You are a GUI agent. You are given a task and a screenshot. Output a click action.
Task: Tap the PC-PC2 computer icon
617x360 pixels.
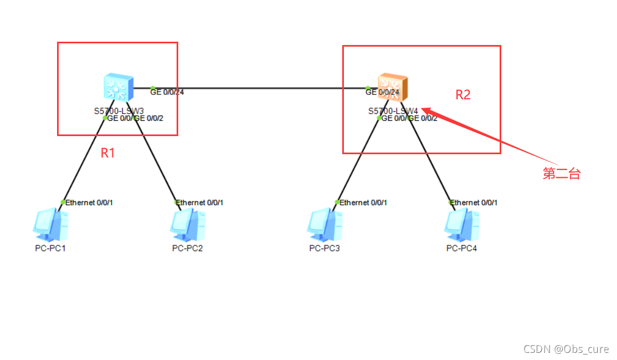(188, 225)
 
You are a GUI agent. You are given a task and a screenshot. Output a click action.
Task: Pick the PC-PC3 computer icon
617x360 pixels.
(325, 225)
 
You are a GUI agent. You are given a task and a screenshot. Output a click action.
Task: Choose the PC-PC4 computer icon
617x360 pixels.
(462, 225)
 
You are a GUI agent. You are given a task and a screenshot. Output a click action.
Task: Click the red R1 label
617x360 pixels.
(107, 153)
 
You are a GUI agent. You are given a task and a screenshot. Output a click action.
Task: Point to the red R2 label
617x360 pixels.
(463, 95)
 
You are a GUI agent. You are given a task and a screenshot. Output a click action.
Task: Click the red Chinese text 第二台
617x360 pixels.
(561, 174)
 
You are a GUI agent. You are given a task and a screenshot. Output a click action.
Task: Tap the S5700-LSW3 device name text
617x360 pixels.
(118, 111)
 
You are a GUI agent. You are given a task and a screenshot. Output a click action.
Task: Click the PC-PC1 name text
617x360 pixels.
(50, 248)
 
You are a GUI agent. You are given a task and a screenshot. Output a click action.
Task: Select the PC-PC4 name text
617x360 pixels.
(462, 248)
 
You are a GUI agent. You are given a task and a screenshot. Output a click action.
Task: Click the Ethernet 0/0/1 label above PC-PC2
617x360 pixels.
(200, 203)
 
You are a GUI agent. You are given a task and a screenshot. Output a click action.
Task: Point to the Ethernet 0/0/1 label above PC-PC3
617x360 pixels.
(364, 203)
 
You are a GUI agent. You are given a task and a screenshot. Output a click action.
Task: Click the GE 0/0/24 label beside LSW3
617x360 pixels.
(167, 92)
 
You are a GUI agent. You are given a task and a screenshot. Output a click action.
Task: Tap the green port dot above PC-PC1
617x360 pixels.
(63, 202)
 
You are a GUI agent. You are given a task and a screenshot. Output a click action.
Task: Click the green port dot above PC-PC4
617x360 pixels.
(451, 202)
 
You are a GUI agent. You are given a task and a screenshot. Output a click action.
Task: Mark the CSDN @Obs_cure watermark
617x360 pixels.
(565, 349)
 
